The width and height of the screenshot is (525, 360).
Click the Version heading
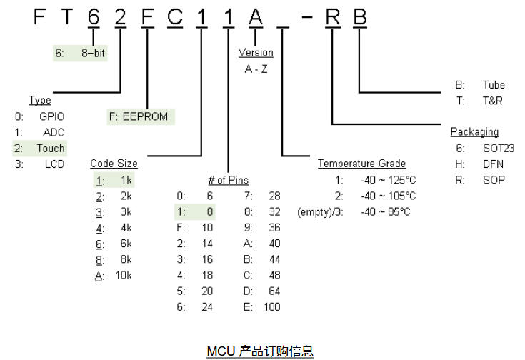tap(255, 53)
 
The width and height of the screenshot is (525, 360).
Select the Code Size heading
tap(114, 164)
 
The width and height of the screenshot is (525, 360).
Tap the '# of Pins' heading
tap(228, 180)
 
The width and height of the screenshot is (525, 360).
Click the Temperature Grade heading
tap(361, 164)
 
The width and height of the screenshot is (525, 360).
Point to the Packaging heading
tap(474, 132)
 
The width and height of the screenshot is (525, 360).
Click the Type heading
tap(40, 101)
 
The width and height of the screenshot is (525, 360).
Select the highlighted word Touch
tap(51, 149)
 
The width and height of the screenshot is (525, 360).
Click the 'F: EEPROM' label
tap(140, 116)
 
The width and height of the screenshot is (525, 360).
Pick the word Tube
tap(493, 85)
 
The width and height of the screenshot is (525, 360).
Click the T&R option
tap(492, 101)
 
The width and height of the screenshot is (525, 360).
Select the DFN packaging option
tap(492, 164)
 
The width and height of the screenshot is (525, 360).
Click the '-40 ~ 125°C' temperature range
tap(389, 180)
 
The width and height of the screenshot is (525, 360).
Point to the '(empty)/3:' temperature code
tap(319, 211)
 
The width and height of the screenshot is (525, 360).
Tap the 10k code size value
tap(123, 276)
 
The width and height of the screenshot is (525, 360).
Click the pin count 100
tap(271, 307)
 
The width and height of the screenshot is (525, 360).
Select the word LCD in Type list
tap(54, 164)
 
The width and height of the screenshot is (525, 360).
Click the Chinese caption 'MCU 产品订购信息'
tap(260, 351)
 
